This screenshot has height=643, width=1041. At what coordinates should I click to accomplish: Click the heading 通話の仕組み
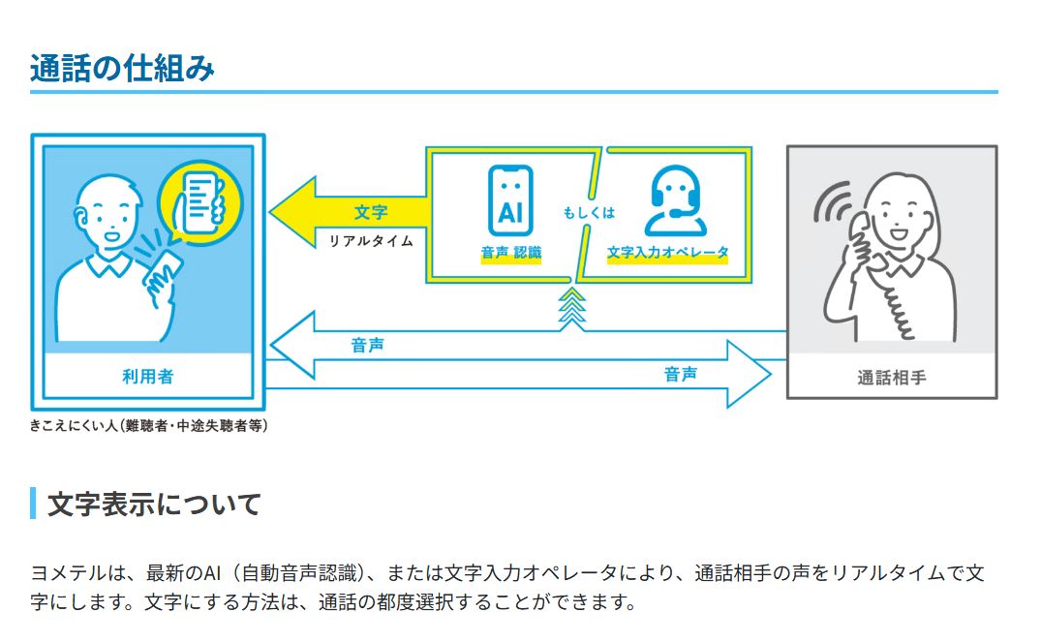click(122, 68)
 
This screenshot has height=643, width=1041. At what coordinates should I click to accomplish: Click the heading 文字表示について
click(154, 504)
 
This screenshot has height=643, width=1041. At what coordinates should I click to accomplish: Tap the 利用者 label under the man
click(147, 376)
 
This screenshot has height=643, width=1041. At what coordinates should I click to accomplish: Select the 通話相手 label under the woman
click(891, 377)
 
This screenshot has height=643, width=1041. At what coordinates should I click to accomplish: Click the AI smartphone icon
click(509, 200)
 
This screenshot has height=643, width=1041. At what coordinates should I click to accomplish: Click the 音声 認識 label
click(511, 253)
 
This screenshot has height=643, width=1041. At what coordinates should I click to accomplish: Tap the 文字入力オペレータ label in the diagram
click(667, 253)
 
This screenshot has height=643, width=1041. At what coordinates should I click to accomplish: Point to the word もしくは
click(589, 213)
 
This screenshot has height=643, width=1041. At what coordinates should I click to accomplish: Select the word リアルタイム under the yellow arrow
click(371, 241)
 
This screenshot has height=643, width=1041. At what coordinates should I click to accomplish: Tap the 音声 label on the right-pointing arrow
click(681, 373)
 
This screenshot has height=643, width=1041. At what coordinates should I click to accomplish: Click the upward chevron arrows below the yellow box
click(573, 307)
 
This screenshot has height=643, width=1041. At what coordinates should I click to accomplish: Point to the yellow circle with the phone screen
click(200, 202)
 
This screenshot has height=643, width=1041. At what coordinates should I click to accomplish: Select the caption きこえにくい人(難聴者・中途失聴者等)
click(149, 425)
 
